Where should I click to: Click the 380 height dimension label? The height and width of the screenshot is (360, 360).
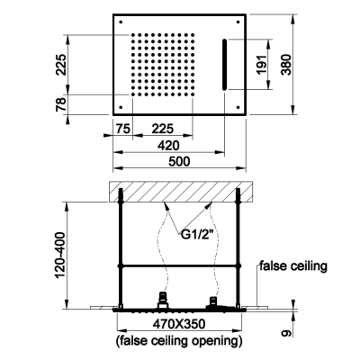pyautogui.click(x=286, y=65)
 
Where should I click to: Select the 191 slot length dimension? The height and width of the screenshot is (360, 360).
pyautogui.click(x=262, y=65)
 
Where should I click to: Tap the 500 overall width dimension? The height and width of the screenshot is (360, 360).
pyautogui.click(x=179, y=162)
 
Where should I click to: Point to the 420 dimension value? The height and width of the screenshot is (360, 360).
pyautogui.click(x=168, y=146)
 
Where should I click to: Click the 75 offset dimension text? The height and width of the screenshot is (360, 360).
pyautogui.click(x=122, y=130)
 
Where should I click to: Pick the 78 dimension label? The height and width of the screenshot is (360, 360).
pyautogui.click(x=61, y=104)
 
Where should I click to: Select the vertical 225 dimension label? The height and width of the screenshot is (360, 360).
pyautogui.click(x=61, y=65)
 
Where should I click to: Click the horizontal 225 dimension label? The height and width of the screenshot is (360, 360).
pyautogui.click(x=162, y=130)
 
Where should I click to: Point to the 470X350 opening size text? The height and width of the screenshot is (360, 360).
pyautogui.click(x=179, y=324)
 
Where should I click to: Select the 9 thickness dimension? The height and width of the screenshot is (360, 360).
pyautogui.click(x=287, y=333)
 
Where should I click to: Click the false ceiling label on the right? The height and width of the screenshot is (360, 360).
pyautogui.click(x=293, y=266)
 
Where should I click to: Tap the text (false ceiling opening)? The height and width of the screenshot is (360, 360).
pyautogui.click(x=179, y=341)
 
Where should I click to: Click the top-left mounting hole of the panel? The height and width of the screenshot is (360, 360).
pyautogui.click(x=121, y=22)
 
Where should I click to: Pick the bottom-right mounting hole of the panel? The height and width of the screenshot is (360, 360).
pyautogui.click(x=238, y=107)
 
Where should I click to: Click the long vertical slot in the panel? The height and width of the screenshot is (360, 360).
pyautogui.click(x=224, y=65)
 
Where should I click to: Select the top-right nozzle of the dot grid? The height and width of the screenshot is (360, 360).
pyautogui.click(x=193, y=35)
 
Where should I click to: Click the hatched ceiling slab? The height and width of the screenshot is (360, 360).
pyautogui.click(x=181, y=192)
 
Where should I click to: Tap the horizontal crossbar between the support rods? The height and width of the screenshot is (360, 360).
pyautogui.click(x=179, y=265)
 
